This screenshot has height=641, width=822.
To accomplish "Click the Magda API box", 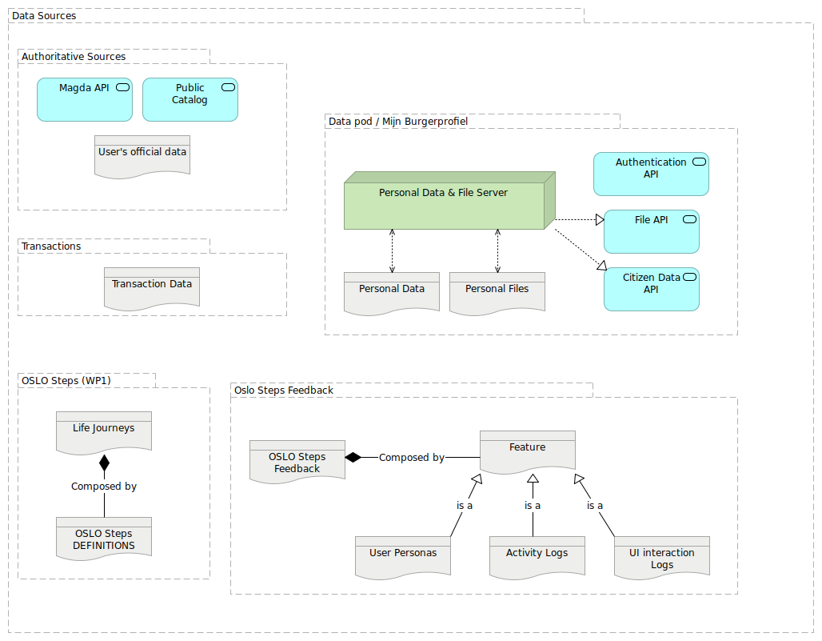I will pos(84,99).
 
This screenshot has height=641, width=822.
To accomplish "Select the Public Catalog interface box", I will pos(190,99).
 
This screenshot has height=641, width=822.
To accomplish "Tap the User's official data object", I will pos(142,155).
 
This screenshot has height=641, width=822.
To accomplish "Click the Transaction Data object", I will pos(151,288).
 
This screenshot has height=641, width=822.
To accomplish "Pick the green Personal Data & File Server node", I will pos(444,205).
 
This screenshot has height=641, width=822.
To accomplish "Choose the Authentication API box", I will pos(651,174).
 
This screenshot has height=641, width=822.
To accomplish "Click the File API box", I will pos(651,231).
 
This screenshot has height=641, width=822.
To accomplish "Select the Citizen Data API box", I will pos(651,289).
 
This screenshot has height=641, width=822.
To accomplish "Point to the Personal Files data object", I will pos(497,292).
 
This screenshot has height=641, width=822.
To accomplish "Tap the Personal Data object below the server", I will pos(391,292).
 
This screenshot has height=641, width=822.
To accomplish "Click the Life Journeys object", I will pos(103,431).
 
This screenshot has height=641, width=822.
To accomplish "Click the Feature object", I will pos(527,451).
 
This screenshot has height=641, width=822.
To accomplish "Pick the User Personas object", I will pos(403,556).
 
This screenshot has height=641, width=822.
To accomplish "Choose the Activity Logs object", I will pos(537,556).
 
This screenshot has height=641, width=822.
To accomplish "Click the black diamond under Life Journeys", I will pos(103,463).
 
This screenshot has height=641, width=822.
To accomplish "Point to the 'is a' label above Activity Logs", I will pos(533,506).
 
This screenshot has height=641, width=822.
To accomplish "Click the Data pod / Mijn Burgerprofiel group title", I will pos(397,122).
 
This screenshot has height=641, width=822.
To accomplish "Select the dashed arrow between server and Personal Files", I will pos(497,250).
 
